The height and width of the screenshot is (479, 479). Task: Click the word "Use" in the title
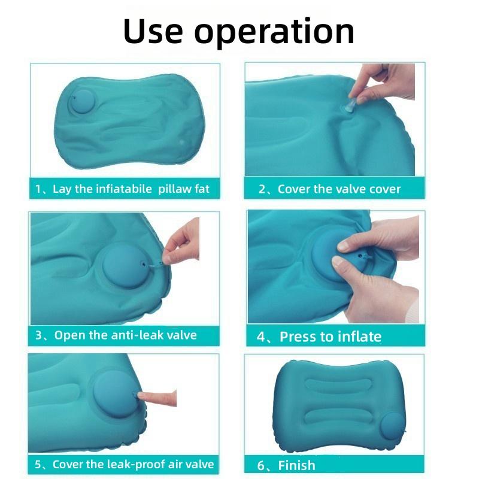click(153, 31)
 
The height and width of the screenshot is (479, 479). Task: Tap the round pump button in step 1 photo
click(83, 101)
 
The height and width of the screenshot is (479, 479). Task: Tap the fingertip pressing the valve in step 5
click(141, 396)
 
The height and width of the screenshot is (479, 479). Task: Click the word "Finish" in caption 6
click(296, 466)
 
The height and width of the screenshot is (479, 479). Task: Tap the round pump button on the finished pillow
click(392, 426)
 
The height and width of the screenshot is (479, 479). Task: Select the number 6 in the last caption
click(261, 466)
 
